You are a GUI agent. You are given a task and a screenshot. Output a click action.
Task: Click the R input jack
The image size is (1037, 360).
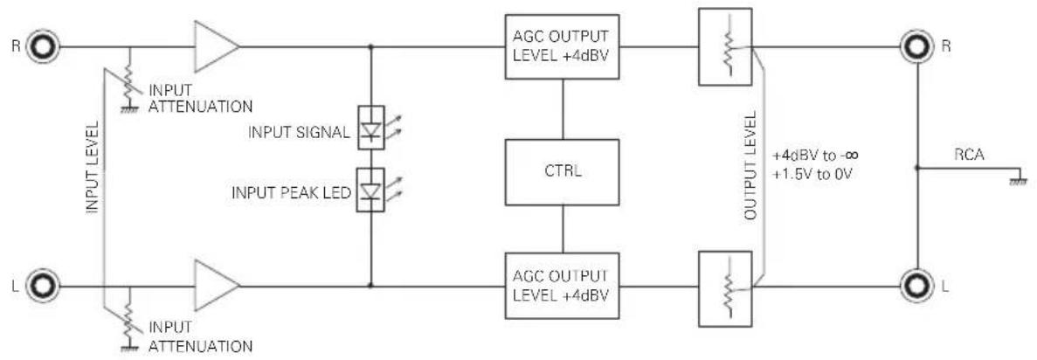tap(45, 47)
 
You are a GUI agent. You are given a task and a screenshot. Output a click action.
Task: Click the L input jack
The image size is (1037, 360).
tap(45, 287)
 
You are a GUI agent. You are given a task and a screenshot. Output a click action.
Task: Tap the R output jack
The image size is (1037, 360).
tap(917, 47)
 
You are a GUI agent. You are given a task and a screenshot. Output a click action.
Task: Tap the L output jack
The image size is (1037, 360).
tap(917, 287)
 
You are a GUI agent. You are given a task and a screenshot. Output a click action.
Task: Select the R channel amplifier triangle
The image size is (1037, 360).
tap(216, 47)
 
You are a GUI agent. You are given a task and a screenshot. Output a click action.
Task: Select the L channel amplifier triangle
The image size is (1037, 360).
tap(216, 286)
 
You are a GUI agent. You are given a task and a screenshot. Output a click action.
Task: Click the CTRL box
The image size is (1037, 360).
tap(563, 171)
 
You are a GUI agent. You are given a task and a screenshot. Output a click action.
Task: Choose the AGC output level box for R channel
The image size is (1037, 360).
tap(563, 46)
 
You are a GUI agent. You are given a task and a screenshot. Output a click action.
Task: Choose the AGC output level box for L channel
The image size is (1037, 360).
tap(563, 285)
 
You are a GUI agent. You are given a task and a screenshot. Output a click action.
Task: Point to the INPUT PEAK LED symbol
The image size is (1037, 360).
tap(370, 190)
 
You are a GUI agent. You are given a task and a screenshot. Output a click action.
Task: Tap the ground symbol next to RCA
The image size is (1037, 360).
tap(1020, 177)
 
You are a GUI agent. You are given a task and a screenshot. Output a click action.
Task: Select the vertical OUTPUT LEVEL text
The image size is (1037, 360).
tap(750, 166)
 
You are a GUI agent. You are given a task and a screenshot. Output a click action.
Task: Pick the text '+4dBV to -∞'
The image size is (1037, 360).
tap(816, 156)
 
